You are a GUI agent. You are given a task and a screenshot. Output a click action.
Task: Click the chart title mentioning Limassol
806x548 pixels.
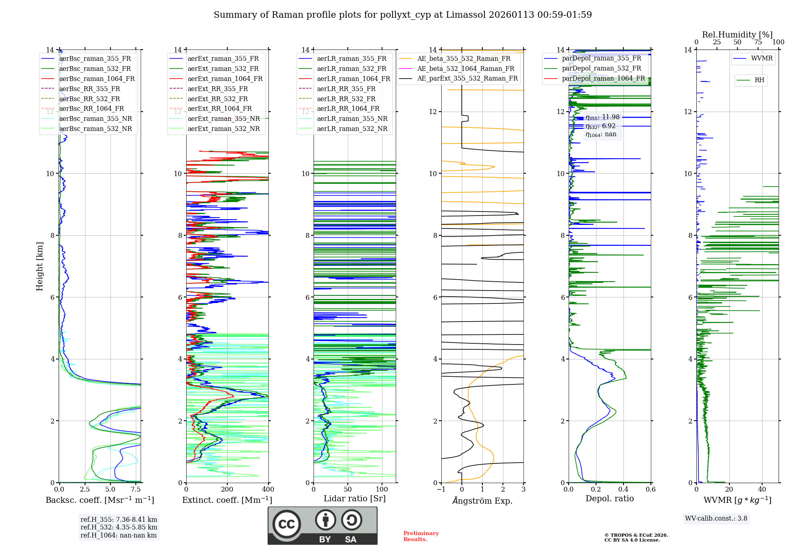(403, 15)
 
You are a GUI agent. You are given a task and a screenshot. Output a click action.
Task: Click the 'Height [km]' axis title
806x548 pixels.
(39, 266)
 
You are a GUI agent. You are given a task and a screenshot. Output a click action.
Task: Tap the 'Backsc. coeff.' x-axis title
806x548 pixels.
(100, 500)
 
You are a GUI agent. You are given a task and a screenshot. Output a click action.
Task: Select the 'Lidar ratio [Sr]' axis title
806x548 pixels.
(355, 498)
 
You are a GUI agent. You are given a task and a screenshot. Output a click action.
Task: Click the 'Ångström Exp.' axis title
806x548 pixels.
(482, 500)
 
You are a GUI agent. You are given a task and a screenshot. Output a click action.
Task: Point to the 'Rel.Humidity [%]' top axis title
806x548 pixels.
(737, 35)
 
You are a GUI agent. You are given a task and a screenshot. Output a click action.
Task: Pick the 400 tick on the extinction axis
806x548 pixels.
(268, 489)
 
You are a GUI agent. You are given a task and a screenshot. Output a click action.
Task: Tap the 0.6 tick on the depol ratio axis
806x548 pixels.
(651, 489)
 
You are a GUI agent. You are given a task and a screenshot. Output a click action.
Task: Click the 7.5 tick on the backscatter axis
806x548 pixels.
(136, 489)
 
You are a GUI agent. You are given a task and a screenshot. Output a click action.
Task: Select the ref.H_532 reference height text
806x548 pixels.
(119, 527)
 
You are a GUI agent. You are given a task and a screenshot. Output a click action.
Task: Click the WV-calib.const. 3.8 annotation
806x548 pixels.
(716, 518)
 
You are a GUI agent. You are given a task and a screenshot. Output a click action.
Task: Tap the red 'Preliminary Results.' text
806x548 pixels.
(421, 536)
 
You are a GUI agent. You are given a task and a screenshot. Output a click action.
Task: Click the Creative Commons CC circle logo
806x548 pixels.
(287, 524)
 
